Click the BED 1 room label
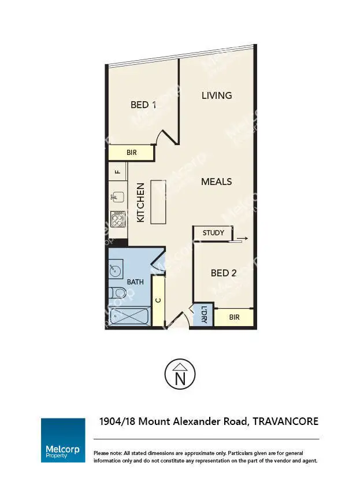(x=143, y=105)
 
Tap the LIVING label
(x=217, y=95)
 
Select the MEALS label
(x=216, y=182)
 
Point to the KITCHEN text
(x=140, y=203)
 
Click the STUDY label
(x=213, y=233)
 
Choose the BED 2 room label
(x=223, y=273)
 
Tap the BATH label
(x=135, y=282)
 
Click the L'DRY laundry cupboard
(x=204, y=315)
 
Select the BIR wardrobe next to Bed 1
(x=132, y=153)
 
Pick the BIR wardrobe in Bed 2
(x=234, y=317)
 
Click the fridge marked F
(x=118, y=172)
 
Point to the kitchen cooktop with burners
(x=118, y=219)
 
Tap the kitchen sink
(x=118, y=197)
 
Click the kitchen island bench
(x=159, y=201)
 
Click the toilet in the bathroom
(x=117, y=293)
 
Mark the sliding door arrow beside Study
(x=242, y=238)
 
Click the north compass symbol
(x=180, y=374)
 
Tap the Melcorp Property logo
(x=63, y=440)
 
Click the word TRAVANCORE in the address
(x=286, y=421)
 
